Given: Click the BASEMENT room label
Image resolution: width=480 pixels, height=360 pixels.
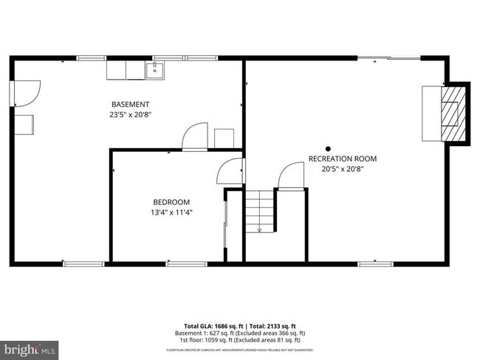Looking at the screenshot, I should coord(130,104).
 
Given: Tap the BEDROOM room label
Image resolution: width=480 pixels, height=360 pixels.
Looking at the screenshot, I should coord(171,202).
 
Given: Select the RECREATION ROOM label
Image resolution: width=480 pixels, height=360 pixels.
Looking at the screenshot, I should coord(343,159).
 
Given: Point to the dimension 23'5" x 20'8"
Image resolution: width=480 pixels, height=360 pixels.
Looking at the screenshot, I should coord(130,114).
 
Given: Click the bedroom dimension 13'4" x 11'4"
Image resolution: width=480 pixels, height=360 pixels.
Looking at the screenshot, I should coord(171,213).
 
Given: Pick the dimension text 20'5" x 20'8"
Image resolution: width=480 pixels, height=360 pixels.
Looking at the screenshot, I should coord(343,169).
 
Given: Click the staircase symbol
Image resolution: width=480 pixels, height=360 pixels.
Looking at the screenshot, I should coord(259,212).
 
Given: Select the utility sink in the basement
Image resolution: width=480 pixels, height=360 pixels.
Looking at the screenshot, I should coord(155,70).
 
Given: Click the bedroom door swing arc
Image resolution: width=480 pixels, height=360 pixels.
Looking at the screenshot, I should coord(229,172).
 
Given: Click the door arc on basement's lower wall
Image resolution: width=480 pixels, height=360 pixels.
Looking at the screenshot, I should coord(195,137).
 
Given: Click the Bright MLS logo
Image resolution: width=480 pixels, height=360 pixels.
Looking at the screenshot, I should coord(30,348).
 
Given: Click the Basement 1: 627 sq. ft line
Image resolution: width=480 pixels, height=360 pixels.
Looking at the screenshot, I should coord(241,333).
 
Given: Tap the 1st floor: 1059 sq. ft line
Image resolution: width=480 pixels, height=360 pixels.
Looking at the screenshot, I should coord(241,340).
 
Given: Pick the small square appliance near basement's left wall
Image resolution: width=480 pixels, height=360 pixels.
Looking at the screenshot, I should coord(24,125).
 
